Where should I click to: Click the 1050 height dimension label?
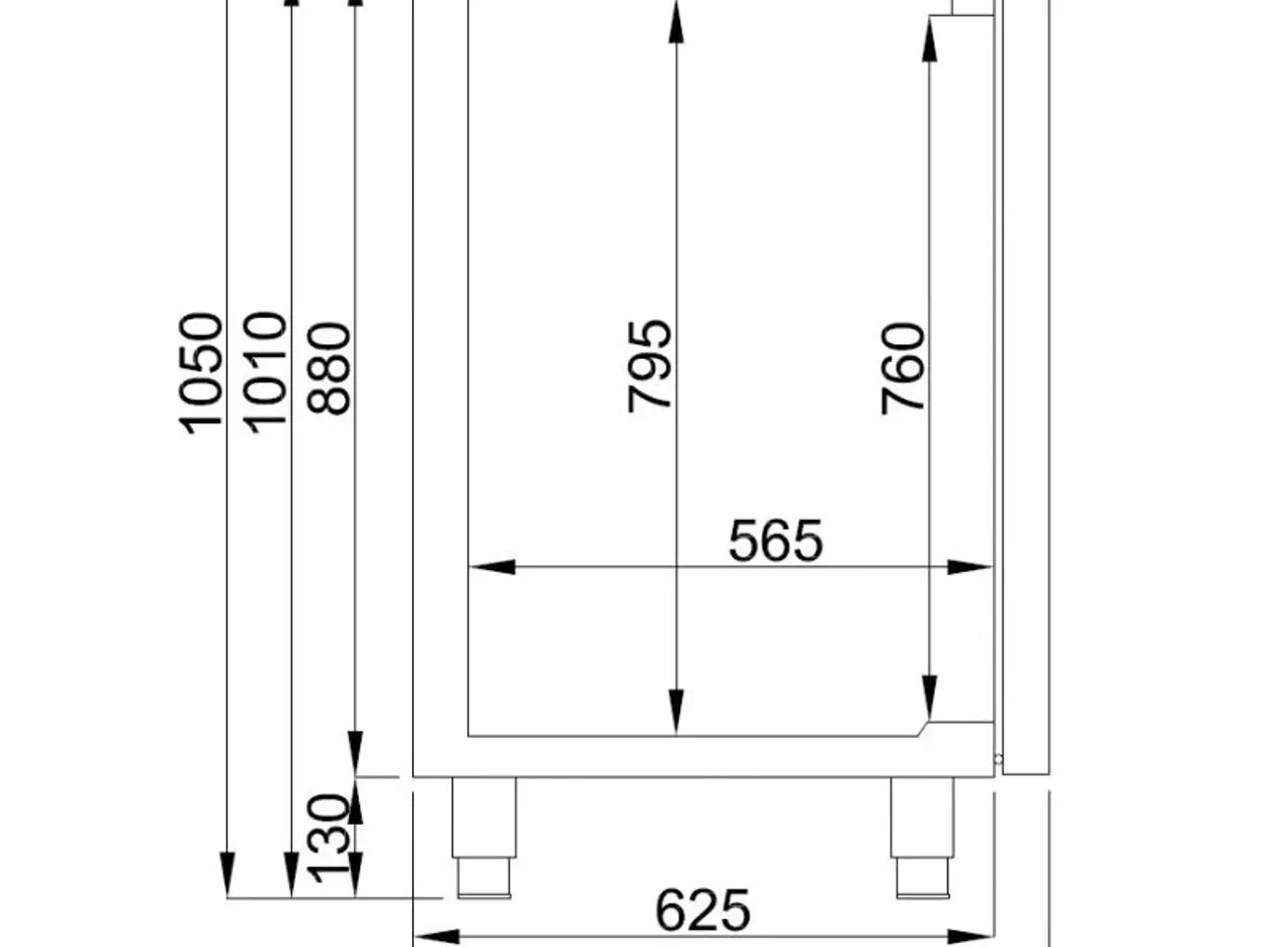click(x=200, y=374)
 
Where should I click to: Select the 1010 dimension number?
click(x=265, y=373)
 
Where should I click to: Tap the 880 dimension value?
click(x=329, y=369)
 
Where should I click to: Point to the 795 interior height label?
click(x=649, y=366)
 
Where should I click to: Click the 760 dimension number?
click(x=903, y=369)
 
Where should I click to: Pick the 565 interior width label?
click(x=776, y=541)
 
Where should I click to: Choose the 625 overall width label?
click(x=703, y=911)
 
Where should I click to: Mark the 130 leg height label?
click(x=329, y=838)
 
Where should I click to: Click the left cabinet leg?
click(x=483, y=838)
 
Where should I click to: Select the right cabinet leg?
click(x=922, y=838)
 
